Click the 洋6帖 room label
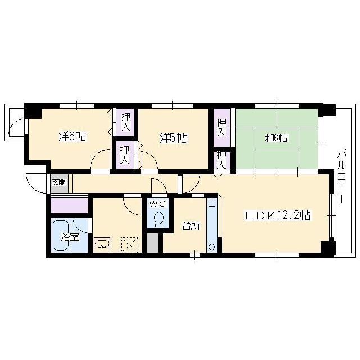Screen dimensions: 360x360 (x=73, y=136)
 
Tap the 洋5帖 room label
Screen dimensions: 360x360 (x=173, y=138)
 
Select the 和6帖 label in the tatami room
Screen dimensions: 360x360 (x=276, y=138)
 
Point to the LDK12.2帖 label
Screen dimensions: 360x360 (x=278, y=215)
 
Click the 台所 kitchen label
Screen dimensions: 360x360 (x=191, y=226)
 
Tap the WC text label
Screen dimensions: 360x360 (x=157, y=204)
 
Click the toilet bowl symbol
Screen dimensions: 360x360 (x=159, y=219)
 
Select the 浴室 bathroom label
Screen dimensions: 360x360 (x=70, y=237)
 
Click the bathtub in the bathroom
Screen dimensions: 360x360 (x=61, y=235)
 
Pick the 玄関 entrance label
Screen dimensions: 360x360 (x=59, y=182)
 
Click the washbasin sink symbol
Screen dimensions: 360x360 (x=102, y=244)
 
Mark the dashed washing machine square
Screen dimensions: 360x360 (x=130, y=245)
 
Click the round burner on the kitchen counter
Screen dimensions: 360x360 (x=211, y=247)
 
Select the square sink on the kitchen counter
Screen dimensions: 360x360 (x=211, y=204)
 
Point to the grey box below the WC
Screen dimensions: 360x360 (x=152, y=243)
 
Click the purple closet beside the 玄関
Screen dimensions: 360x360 (x=69, y=205)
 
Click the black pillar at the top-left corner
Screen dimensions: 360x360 (x=33, y=111)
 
